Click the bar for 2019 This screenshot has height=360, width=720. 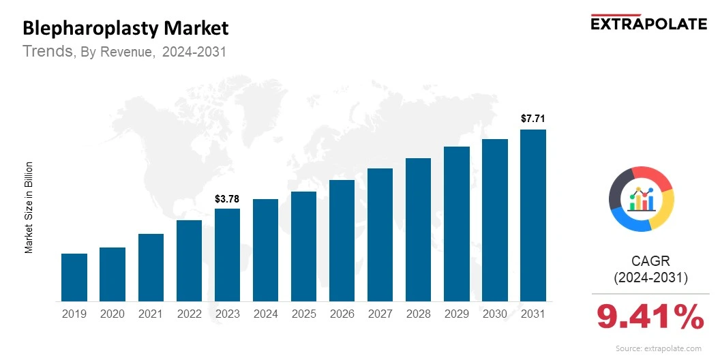tap(74, 277)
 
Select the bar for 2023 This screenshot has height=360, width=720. tap(227, 254)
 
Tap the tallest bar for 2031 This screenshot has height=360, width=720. tap(533, 215)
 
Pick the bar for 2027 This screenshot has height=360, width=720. tap(380, 235)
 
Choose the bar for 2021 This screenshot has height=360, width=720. tap(151, 267)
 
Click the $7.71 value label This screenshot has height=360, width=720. tap(533, 119)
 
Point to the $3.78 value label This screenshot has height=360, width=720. tap(227, 199)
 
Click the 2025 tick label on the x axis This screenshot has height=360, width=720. tap(303, 314)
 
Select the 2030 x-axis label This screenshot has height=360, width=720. tap(495, 314)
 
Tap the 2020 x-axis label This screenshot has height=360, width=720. tap(112, 314)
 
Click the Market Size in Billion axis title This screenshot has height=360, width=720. tap(29, 207)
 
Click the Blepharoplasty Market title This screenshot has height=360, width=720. tap(125, 29)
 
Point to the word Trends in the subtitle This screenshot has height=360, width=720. tap(48, 51)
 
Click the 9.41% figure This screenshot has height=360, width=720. tap(650, 318)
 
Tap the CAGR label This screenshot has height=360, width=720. tap(650, 261)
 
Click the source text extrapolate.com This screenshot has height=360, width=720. tap(658, 348)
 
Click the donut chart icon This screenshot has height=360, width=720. tap(641, 198)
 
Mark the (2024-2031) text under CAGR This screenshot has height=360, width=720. tap(650, 277)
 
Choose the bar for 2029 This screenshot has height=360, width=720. tap(457, 224)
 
